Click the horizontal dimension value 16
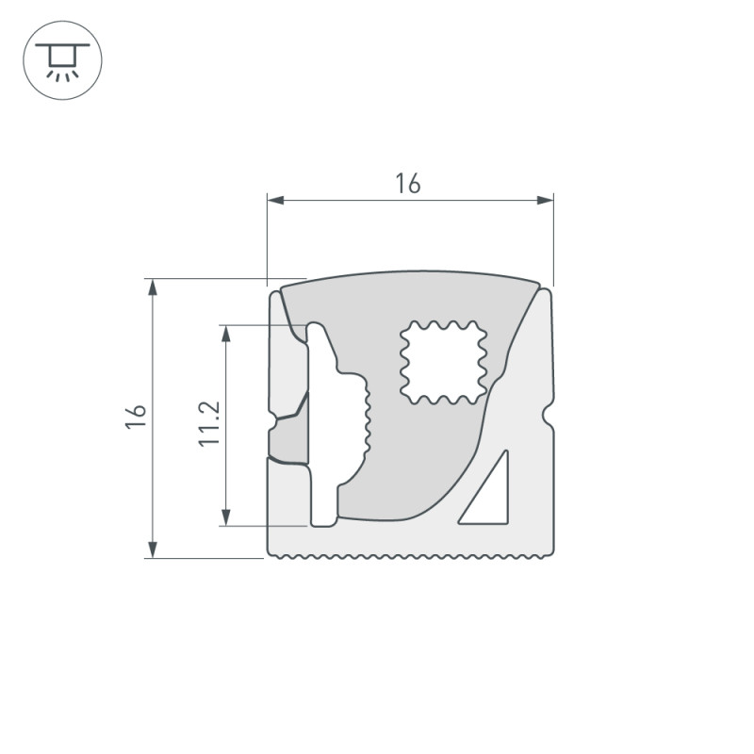[408, 184]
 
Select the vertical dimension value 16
[138, 418]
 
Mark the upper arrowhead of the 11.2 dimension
[225, 333]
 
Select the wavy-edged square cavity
[442, 362]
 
